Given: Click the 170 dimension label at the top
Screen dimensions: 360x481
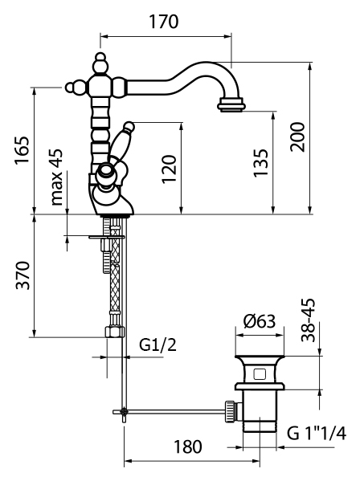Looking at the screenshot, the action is (x=164, y=22).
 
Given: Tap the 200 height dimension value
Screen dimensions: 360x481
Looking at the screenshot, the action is (x=297, y=137).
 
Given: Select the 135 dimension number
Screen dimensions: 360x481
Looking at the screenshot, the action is (x=260, y=163).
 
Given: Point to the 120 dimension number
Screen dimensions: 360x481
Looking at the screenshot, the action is (x=169, y=169).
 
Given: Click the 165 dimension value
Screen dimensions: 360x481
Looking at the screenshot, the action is (x=22, y=151).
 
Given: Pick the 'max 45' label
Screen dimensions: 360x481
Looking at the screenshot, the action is (x=56, y=177).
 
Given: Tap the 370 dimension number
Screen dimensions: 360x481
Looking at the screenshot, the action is (x=23, y=275).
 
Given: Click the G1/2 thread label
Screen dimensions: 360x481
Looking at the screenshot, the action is (x=158, y=344).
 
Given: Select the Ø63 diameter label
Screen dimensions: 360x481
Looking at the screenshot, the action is (x=260, y=321).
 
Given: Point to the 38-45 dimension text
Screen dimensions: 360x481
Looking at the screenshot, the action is (x=308, y=320).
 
